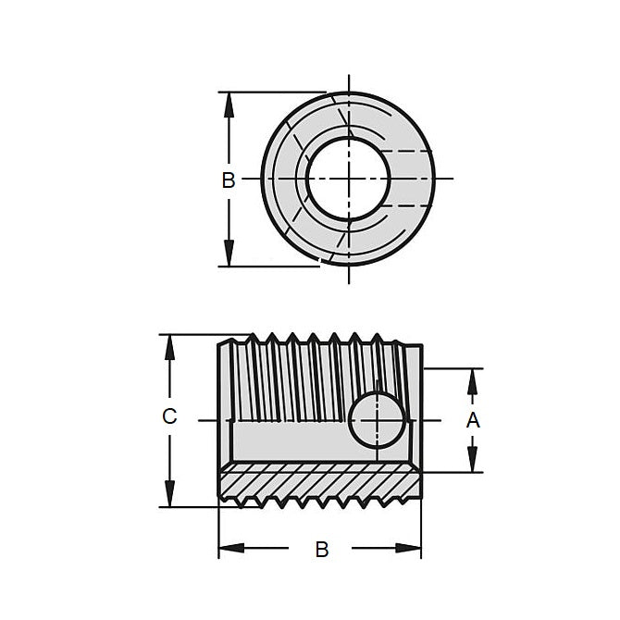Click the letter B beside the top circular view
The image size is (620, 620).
[229, 180]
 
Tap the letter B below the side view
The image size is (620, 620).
[321, 550]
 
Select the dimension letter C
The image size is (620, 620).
[169, 417]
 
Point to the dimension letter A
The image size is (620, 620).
[473, 420]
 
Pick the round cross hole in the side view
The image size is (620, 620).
[377, 419]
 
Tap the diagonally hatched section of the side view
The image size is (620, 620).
[319, 481]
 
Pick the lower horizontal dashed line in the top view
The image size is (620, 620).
[407, 204]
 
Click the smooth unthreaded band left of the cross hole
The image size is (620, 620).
[287, 440]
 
